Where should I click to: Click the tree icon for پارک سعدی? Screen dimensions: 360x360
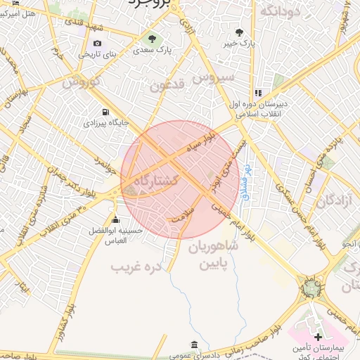[x=152, y=37]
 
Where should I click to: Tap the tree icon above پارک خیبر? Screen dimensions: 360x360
[x=240, y=32]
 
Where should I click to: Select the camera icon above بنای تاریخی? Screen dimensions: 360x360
[x=97, y=43]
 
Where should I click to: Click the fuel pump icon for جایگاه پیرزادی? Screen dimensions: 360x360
[x=105, y=111]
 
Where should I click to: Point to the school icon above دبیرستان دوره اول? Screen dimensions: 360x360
[x=258, y=92]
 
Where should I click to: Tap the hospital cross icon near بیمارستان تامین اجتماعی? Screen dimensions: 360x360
[x=318, y=337]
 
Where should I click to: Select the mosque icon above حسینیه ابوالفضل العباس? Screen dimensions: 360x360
[x=115, y=219]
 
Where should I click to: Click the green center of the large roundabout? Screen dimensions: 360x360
[x=309, y=287]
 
